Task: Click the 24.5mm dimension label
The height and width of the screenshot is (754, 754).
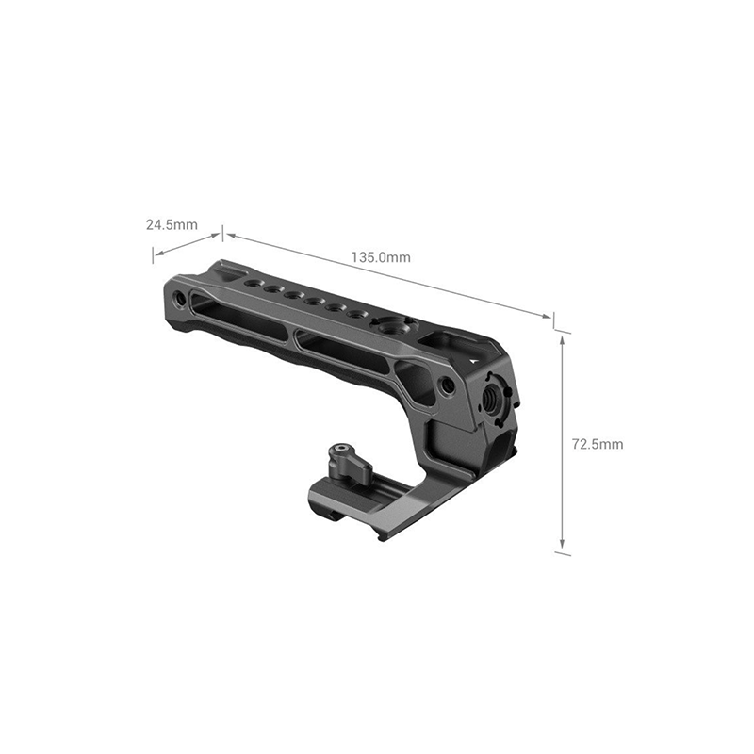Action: [x=172, y=224]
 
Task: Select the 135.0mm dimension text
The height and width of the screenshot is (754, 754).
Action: [x=381, y=257]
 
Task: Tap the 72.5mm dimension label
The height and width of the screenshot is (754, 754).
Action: [x=598, y=444]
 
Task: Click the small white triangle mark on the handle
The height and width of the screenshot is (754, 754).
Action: [x=473, y=358]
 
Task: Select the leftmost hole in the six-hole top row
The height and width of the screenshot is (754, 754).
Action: [x=252, y=284]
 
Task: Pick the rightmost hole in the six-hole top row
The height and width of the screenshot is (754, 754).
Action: [x=354, y=315]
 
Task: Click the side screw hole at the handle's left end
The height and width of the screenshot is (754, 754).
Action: [x=180, y=298]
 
